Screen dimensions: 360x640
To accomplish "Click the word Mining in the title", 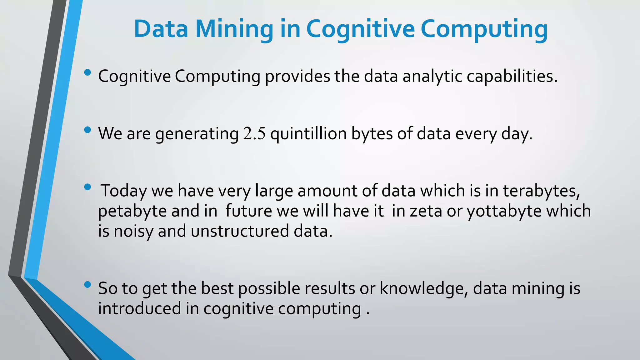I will (234, 29).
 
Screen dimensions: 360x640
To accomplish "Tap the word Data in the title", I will (161, 29).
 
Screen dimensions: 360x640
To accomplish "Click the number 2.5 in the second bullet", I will (254, 133).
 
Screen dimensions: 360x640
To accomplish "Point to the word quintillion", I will (308, 133).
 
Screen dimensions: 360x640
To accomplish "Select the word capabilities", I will (512, 76).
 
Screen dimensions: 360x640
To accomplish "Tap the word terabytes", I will (541, 191).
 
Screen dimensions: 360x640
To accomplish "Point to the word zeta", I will (425, 211).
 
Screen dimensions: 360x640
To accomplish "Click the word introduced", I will (139, 308).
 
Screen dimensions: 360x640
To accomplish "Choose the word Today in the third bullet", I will (123, 191).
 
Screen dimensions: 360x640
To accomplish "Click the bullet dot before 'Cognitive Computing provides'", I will (88, 73).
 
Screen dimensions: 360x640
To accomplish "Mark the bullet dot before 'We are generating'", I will (88, 130).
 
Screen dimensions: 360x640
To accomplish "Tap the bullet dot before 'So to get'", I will (88, 284).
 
